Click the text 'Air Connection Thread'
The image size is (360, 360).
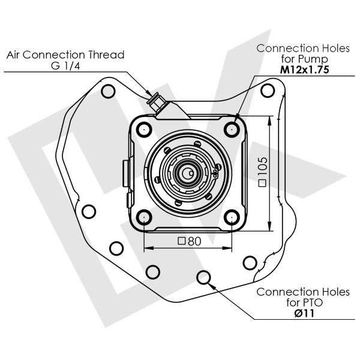click(x=65, y=55)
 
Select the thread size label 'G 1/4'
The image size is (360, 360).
click(x=65, y=65)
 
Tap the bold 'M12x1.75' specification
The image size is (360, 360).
click(x=304, y=70)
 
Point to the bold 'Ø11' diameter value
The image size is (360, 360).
click(x=303, y=313)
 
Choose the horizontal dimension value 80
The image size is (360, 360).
click(x=190, y=241)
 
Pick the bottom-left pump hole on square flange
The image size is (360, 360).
click(x=143, y=218)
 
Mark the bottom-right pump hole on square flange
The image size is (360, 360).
click(x=232, y=218)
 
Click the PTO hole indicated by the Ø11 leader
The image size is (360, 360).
click(x=204, y=277)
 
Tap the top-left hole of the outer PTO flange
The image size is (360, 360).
click(x=109, y=92)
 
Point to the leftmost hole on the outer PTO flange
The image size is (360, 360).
click(x=88, y=211)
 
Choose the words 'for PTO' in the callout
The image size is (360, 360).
click(x=303, y=303)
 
